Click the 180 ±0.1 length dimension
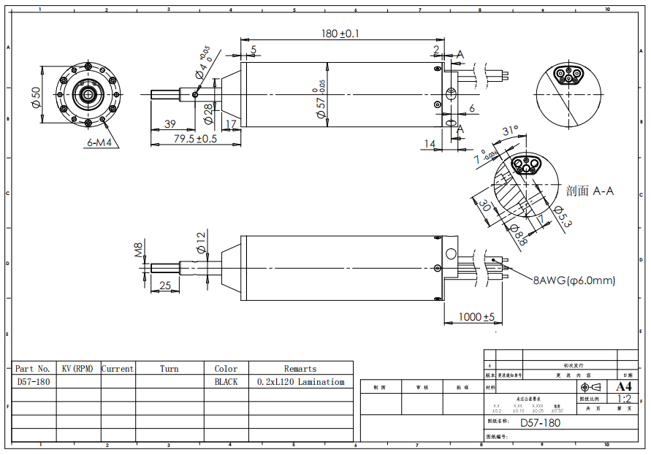pyautogui.click(x=340, y=34)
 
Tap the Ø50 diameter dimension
pyautogui.click(x=35, y=96)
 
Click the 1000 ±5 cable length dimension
pyautogui.click(x=476, y=317)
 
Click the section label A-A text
pyautogui.click(x=590, y=191)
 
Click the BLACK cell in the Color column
pyautogui.click(x=226, y=382)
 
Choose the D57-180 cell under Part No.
pyautogui.click(x=34, y=382)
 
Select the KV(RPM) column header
pyautogui.click(x=77, y=369)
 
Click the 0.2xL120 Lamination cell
pyautogui.click(x=300, y=382)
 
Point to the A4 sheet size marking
pyautogui.click(x=624, y=386)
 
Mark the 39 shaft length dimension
pyautogui.click(x=170, y=124)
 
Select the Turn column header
pyautogui.click(x=170, y=369)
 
